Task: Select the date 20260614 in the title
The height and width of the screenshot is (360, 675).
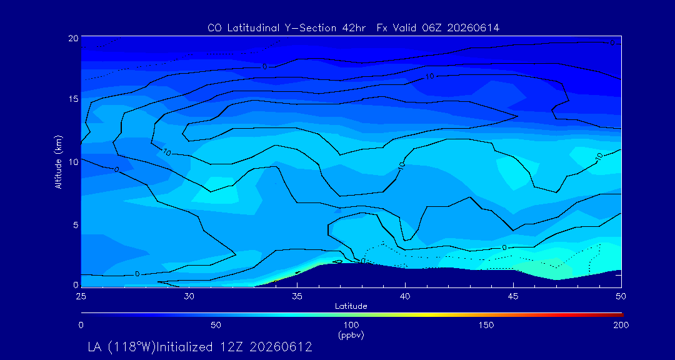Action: [473, 28]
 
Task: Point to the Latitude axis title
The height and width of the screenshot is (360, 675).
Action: [351, 306]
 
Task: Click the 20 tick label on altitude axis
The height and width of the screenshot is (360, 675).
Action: [73, 38]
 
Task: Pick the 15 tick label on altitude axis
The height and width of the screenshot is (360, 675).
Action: [73, 99]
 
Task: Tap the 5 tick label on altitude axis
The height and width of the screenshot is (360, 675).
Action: [76, 224]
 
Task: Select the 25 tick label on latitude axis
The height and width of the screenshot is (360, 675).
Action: [81, 297]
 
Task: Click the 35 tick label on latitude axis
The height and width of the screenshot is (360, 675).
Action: [297, 297]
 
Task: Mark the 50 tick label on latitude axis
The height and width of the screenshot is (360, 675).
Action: [621, 297]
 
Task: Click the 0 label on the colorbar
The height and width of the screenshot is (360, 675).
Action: [81, 325]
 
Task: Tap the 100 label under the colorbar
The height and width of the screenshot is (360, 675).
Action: [351, 325]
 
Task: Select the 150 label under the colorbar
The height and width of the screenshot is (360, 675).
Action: [486, 325]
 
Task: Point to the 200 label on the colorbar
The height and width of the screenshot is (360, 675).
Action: [621, 325]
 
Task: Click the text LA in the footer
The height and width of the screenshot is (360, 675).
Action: [95, 347]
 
